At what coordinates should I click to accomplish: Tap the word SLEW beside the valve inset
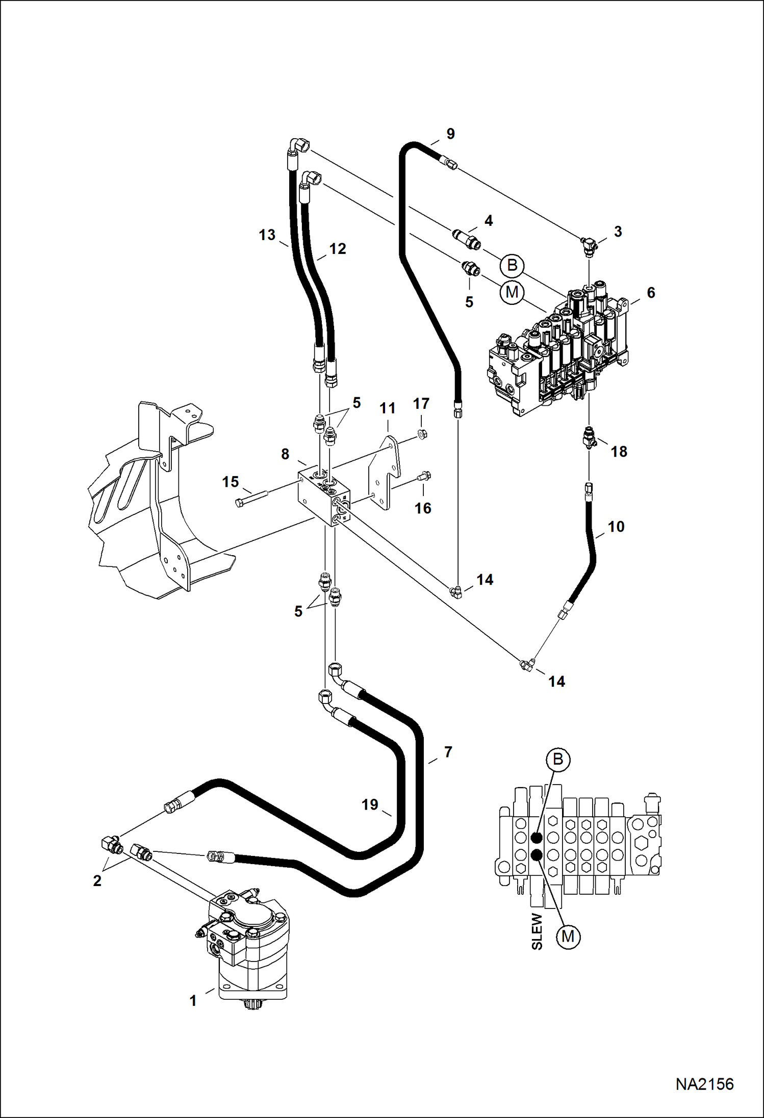tap(537, 931)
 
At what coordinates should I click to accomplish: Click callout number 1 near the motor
tap(193, 1001)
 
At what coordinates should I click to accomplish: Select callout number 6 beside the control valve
tap(651, 293)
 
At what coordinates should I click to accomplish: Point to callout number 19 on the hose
tap(370, 804)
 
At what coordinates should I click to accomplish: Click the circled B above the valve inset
tap(557, 759)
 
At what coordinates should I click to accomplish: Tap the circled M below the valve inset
tap(568, 936)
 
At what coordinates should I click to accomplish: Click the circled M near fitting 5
tap(512, 292)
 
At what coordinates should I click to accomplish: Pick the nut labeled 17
tap(422, 434)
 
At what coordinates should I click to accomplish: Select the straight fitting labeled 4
tap(467, 239)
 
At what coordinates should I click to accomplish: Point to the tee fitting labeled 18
tap(590, 438)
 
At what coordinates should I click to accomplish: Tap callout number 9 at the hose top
tap(450, 134)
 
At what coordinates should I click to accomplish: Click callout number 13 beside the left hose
tap(267, 235)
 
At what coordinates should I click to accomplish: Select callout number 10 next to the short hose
tap(616, 527)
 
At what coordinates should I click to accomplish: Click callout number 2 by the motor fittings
tap(97, 880)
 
